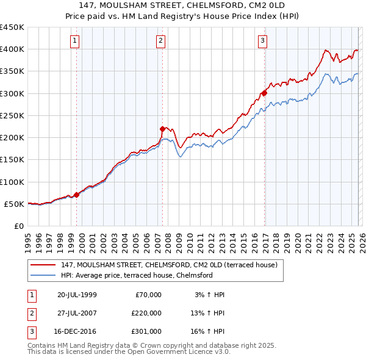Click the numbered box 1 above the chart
click(75, 41)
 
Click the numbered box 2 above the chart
click(160, 41)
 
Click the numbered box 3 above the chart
click(262, 41)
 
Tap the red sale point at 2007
click(163, 129)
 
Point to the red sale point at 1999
click(77, 195)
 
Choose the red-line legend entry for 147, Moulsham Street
click(169, 265)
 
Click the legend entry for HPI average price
click(136, 275)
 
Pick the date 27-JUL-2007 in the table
click(77, 313)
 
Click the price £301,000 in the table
click(146, 331)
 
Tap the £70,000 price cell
click(148, 295)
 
